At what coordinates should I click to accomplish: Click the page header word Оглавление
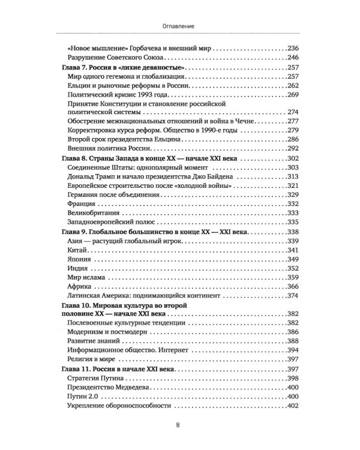point(179,26)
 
